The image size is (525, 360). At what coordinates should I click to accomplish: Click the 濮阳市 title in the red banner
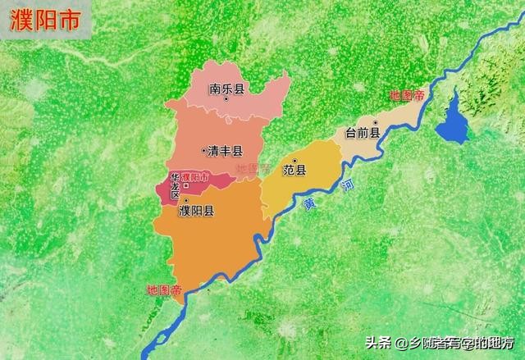click(x=45, y=22)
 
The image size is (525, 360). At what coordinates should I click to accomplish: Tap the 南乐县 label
click(x=227, y=89)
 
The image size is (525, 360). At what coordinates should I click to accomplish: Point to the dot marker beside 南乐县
click(x=227, y=77)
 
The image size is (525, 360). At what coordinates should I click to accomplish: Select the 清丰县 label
click(x=225, y=151)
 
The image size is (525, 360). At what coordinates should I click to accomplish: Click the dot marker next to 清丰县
click(x=203, y=150)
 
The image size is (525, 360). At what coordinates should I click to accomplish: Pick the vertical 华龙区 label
click(x=175, y=189)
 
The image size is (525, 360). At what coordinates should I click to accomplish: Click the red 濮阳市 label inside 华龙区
click(x=195, y=177)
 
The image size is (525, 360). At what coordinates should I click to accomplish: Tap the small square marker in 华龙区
click(x=186, y=186)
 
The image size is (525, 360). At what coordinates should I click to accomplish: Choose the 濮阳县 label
click(x=196, y=211)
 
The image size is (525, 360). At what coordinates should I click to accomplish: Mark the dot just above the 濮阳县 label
click(x=186, y=200)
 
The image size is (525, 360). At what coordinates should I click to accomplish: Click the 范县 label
click(x=294, y=171)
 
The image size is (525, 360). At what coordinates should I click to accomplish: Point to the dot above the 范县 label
click(x=294, y=159)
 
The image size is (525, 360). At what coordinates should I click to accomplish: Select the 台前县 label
click(x=362, y=133)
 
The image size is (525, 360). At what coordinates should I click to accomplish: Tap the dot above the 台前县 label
click(x=374, y=121)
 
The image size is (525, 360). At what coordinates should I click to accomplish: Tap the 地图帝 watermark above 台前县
click(x=406, y=96)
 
